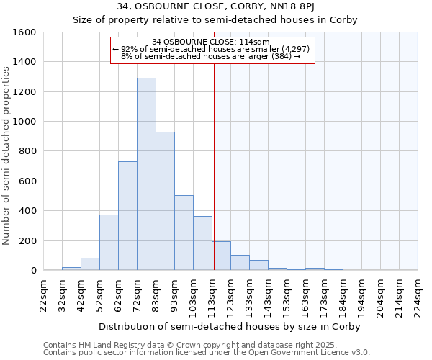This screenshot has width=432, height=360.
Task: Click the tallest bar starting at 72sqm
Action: click(146, 174)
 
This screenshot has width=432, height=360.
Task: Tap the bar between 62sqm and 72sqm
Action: click(127, 216)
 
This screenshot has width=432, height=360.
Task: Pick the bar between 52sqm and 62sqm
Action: click(109, 243)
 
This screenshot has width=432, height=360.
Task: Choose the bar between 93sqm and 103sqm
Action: click(184, 233)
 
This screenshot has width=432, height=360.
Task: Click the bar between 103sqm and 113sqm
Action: click(202, 243)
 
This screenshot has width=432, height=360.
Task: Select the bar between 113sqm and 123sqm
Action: click(221, 256)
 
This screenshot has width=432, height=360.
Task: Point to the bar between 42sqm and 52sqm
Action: click(90, 264)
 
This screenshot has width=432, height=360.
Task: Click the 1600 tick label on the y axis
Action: click(24, 32)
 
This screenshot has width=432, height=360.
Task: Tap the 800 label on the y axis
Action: click(27, 151)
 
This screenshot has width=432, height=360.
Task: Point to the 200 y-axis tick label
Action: click(27, 240)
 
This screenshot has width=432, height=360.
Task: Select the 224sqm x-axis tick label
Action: click(418, 296)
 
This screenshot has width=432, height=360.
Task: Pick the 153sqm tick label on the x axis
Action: click(287, 296)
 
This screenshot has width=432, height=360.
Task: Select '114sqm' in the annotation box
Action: click(256, 42)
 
